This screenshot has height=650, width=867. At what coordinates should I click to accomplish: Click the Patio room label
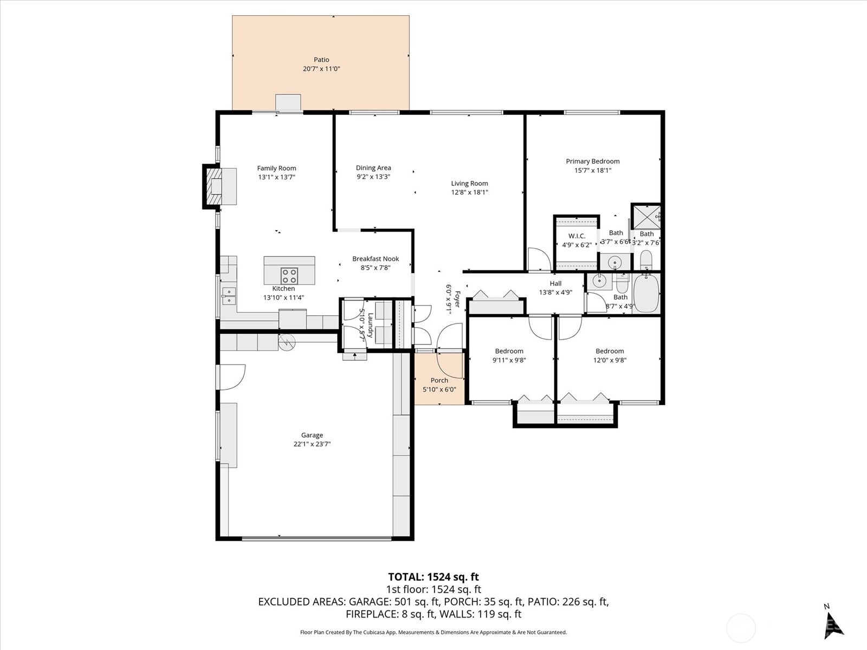[321, 60]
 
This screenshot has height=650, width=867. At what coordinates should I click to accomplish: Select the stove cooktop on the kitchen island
[289, 276]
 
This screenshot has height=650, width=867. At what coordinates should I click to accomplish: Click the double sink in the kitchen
[229, 296]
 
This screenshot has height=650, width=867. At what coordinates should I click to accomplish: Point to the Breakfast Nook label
[376, 259]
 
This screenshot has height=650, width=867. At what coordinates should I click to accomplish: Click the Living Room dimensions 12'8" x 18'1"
[469, 192]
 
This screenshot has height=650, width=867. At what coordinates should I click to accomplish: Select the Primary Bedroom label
[592, 161]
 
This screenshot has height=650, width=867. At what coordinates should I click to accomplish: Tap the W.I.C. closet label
[577, 236]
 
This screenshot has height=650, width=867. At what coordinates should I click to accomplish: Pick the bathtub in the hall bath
[646, 293]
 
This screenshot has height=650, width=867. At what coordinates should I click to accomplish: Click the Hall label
[555, 283]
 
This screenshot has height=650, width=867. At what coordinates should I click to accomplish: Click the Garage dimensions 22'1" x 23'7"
[312, 444]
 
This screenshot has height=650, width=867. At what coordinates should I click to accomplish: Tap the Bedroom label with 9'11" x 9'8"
[509, 351]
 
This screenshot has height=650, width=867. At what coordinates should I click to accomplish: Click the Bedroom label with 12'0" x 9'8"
[610, 351]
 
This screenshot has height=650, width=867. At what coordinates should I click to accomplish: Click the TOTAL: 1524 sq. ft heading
[433, 577]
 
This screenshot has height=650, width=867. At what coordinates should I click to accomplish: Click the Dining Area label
[373, 168]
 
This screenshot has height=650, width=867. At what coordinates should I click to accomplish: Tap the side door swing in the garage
[233, 376]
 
